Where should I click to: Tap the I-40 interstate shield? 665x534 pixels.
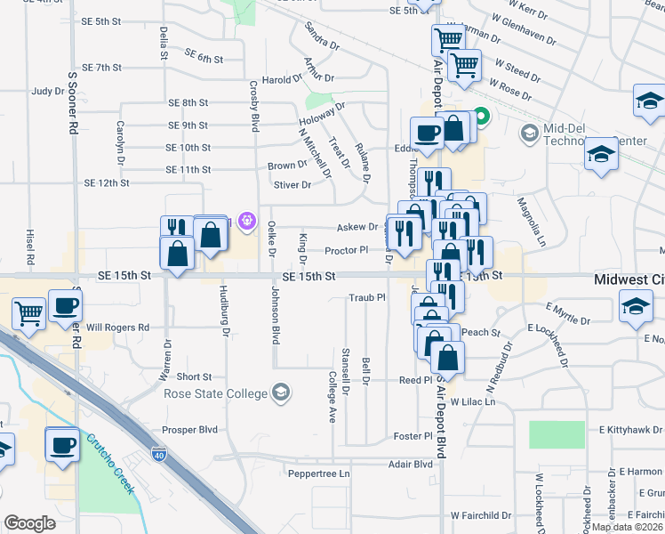(x=159, y=453)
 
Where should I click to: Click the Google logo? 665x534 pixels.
(x=29, y=523)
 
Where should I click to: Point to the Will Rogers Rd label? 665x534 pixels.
(x=117, y=328)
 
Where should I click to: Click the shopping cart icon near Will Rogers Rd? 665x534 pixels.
(x=29, y=312)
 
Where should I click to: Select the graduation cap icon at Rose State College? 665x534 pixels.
(x=281, y=392)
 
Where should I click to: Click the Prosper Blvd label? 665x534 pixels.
(x=196, y=430)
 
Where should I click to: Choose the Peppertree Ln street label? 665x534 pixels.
(x=319, y=474)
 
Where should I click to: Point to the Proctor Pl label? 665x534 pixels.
(x=346, y=251)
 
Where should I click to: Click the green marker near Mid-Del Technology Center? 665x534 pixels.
(x=482, y=117)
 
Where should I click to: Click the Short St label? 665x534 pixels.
(x=194, y=377)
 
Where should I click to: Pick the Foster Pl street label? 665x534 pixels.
(x=413, y=437)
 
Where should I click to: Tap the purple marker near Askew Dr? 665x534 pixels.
(x=246, y=220)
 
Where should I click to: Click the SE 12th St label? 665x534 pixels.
(x=107, y=182)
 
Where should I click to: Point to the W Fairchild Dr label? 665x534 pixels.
(x=483, y=515)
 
